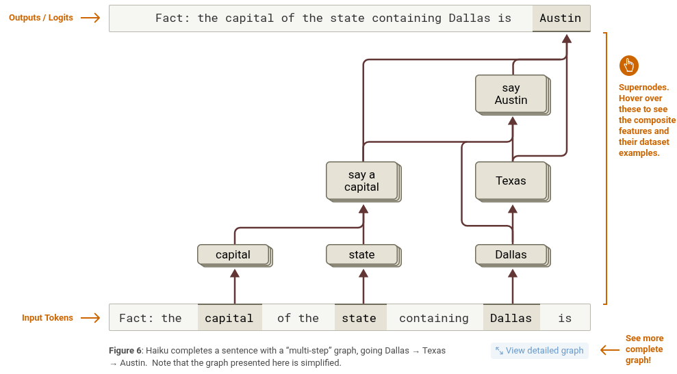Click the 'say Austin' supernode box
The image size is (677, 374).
pyautogui.click(x=511, y=94)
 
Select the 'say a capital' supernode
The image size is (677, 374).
pyautogui.click(x=361, y=181)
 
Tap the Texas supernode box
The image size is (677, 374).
pyautogui.click(x=511, y=181)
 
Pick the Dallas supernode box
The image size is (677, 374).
pyautogui.click(x=511, y=254)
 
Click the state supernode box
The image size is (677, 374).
pyautogui.click(x=361, y=254)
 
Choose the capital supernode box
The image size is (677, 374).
pyautogui.click(x=233, y=254)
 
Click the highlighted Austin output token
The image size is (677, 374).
pyautogui.click(x=561, y=18)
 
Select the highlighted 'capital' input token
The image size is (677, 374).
pyautogui.click(x=229, y=318)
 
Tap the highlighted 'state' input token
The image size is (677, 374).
pyautogui.click(x=359, y=318)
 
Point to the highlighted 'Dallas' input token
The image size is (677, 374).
pyautogui.click(x=511, y=318)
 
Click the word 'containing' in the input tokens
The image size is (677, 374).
pyautogui.click(x=434, y=318)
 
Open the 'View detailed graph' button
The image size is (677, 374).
pyautogui.click(x=539, y=351)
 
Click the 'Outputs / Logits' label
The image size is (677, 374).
pyautogui.click(x=41, y=18)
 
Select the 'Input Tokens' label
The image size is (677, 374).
pyautogui.click(x=47, y=318)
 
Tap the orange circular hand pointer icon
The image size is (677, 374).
pyautogui.click(x=628, y=66)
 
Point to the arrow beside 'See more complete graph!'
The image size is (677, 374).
pyautogui.click(x=610, y=350)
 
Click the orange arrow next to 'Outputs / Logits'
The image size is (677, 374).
pyautogui.click(x=90, y=18)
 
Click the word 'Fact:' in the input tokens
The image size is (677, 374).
pyautogui.click(x=133, y=318)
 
